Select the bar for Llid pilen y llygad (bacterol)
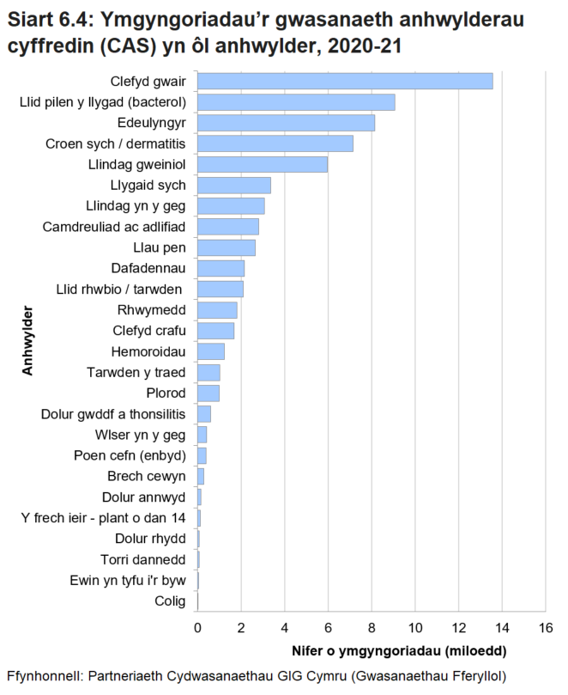click(x=296, y=102)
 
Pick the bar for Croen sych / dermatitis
click(x=275, y=143)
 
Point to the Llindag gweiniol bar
click(x=263, y=164)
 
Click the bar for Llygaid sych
click(x=234, y=186)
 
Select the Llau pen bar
click(x=227, y=248)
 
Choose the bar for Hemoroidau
click(x=211, y=351)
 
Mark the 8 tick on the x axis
click(x=372, y=628)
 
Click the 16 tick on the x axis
click(x=545, y=628)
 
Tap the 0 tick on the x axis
click(x=198, y=628)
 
